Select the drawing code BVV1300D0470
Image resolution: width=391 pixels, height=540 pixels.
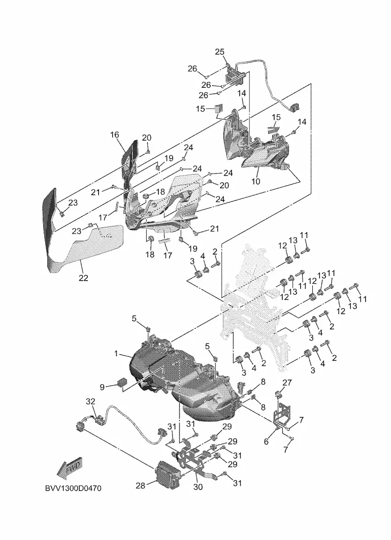(74, 488)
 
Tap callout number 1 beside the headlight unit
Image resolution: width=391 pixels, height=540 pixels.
(116, 353)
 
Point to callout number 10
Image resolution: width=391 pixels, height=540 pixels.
(255, 181)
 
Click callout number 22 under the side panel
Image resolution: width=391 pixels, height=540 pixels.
(83, 278)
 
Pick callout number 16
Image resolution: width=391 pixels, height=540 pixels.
(115, 134)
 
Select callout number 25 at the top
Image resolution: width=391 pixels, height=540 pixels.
(220, 52)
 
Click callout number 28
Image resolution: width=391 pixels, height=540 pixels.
(140, 486)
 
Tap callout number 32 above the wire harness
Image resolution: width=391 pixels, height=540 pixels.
(90, 401)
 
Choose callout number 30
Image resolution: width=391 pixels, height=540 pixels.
(198, 487)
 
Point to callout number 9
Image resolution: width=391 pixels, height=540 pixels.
(102, 387)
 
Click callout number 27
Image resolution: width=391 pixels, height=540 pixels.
(287, 383)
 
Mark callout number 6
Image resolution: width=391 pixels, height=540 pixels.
(266, 441)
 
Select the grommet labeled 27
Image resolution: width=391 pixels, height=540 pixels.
(279, 394)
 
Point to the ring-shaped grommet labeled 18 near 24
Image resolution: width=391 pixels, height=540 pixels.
(146, 196)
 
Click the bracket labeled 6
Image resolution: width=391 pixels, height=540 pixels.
(281, 416)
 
